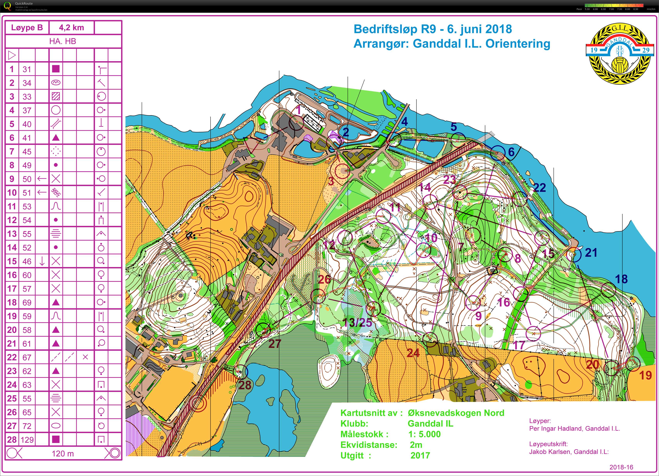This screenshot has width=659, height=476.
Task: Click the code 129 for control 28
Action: tap(27, 440)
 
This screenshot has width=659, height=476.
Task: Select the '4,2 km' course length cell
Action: tap(71, 28)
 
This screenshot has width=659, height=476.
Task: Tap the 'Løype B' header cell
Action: tap(27, 28)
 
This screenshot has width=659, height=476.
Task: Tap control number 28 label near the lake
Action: tap(245, 385)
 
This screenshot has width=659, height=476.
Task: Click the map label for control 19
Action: tap(645, 375)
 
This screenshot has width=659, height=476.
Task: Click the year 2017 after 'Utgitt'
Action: tap(420, 455)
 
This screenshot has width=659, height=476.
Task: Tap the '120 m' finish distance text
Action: tap(63, 454)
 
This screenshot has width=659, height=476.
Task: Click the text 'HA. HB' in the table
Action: tap(63, 41)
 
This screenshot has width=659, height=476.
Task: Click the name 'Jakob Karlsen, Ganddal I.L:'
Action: tap(569, 452)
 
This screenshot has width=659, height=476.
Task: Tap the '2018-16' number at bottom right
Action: tap(621, 467)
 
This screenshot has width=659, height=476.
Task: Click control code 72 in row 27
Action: tap(27, 426)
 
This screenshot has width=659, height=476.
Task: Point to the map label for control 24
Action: tap(413, 353)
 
